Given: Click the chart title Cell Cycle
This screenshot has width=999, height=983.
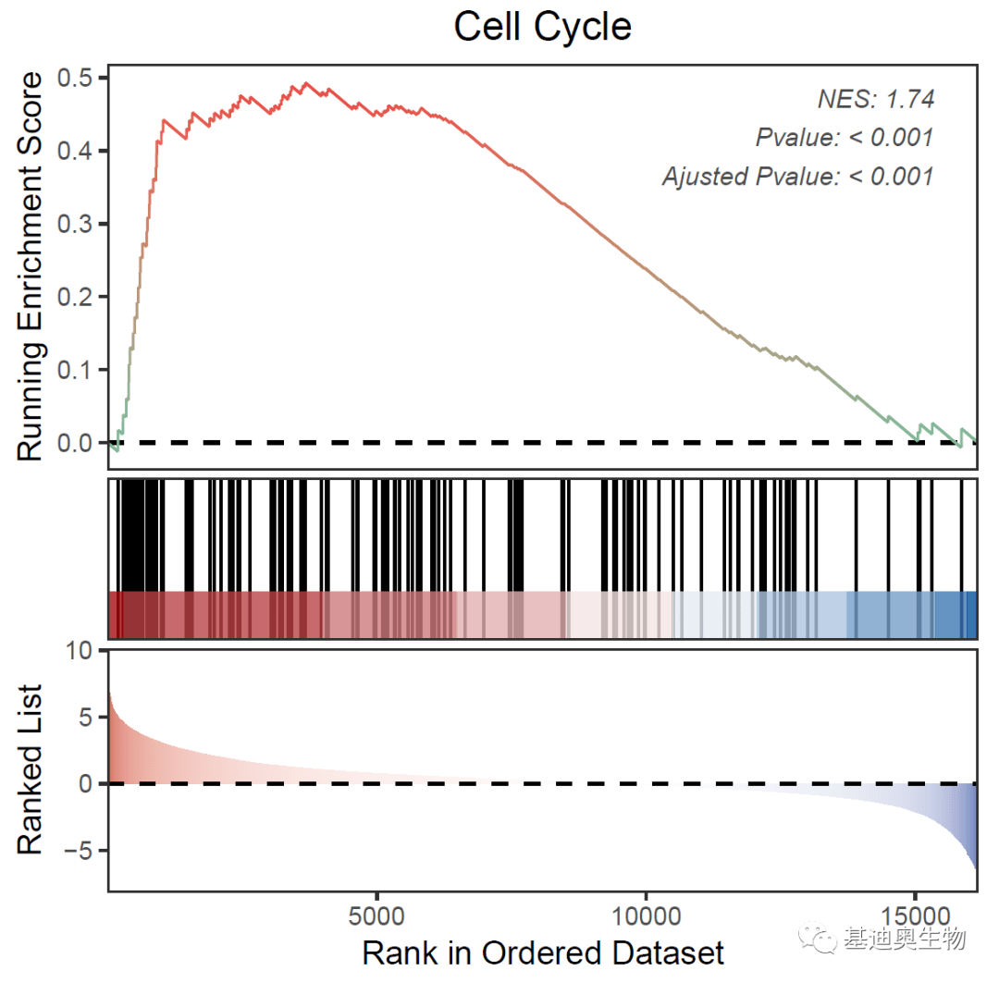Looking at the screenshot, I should point(542,27).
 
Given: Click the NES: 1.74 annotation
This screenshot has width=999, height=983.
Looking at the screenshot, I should point(875,99).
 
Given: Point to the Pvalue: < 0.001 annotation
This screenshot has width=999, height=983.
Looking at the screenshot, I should point(844,138).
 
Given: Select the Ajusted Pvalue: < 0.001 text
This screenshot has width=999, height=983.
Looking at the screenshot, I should point(797,176).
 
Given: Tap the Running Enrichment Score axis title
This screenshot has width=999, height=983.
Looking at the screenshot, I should point(31,265).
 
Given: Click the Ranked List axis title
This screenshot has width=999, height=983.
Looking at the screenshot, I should point(31,769).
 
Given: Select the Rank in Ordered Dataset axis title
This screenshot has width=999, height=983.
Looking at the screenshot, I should point(542,952).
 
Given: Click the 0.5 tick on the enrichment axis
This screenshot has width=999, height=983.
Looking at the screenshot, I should point(78,78).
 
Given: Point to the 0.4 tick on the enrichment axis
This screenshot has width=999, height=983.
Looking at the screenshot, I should point(78,151).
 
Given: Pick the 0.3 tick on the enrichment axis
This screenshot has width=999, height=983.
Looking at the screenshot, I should point(78,224).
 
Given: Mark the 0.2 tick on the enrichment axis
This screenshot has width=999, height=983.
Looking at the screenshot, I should point(78,297).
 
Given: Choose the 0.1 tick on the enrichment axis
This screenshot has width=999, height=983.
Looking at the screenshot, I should point(78,370).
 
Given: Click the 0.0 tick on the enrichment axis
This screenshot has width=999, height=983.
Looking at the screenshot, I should point(78,443).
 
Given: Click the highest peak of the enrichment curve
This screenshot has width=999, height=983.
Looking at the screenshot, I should point(307,83).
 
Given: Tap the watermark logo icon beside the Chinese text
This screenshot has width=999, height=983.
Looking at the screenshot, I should point(820,940).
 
